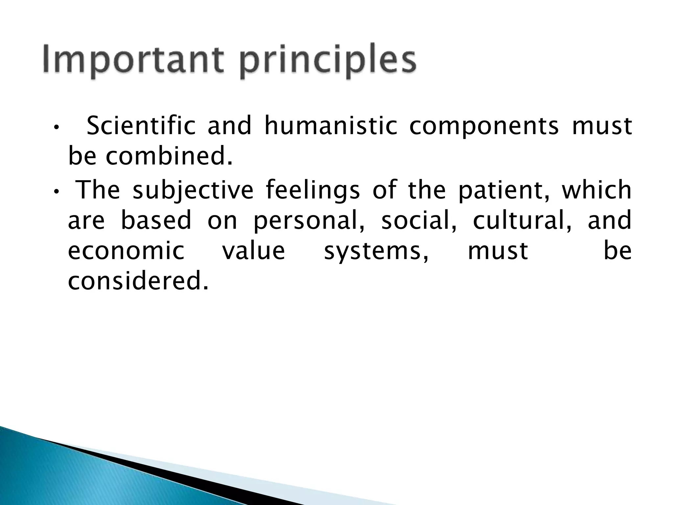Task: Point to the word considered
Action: (x=138, y=281)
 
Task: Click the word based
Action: (x=156, y=221)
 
